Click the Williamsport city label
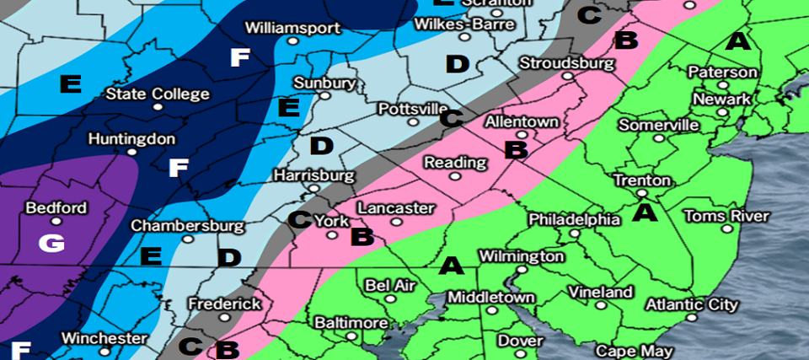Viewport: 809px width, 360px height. [x=292, y=28]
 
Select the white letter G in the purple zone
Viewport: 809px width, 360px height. [x=51, y=244]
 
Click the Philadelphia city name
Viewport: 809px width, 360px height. [x=574, y=219]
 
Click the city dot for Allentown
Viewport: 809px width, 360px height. [x=522, y=134]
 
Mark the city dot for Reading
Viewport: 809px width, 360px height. [x=455, y=177]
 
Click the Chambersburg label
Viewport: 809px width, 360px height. [x=187, y=227]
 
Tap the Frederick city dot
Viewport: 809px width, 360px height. [x=224, y=317]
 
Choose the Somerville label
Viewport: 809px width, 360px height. [x=658, y=125]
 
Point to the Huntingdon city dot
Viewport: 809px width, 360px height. [x=131, y=153]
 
